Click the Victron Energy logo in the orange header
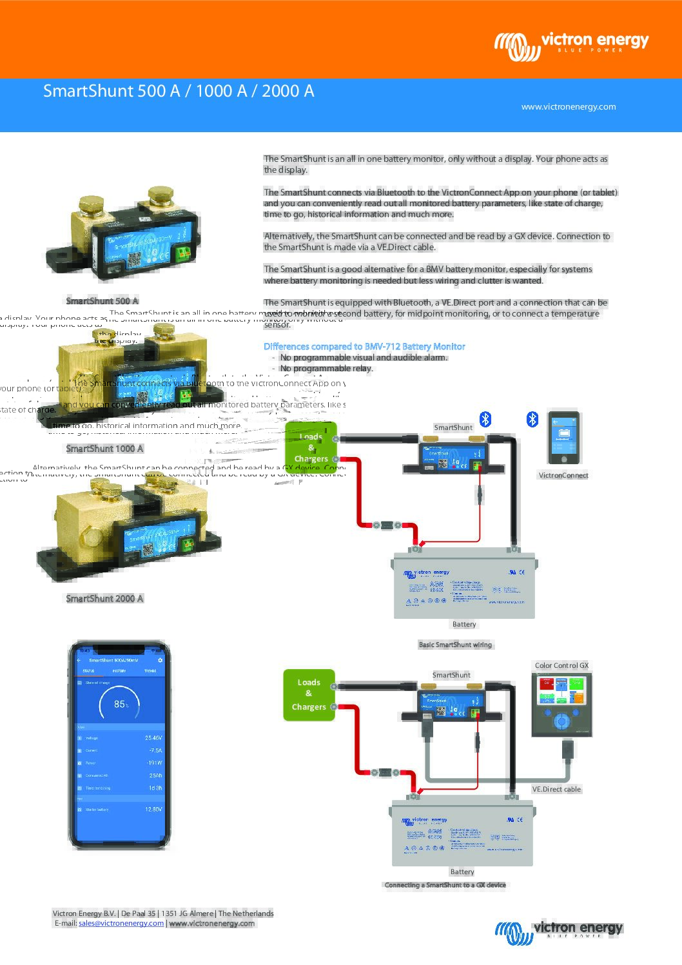tap(571, 46)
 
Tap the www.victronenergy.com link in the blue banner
tap(569, 107)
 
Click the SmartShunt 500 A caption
tap(102, 301)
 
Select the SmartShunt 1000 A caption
tap(104, 449)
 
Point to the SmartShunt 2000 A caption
tap(104, 599)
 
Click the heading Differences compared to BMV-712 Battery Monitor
tap(364, 347)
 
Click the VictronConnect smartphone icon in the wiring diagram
tap(564, 438)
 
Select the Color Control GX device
tap(561, 705)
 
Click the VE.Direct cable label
tap(556, 789)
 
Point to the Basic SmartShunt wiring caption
tap(455, 645)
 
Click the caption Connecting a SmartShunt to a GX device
tap(445, 885)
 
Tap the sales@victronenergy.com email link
tap(121, 923)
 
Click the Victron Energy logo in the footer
tap(559, 931)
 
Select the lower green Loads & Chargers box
tap(309, 695)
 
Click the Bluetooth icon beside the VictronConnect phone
tap(532, 419)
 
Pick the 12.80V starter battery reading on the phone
tap(153, 809)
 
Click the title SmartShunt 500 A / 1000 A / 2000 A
tap(179, 91)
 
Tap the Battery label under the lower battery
tap(462, 872)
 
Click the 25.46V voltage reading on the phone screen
tap(153, 738)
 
